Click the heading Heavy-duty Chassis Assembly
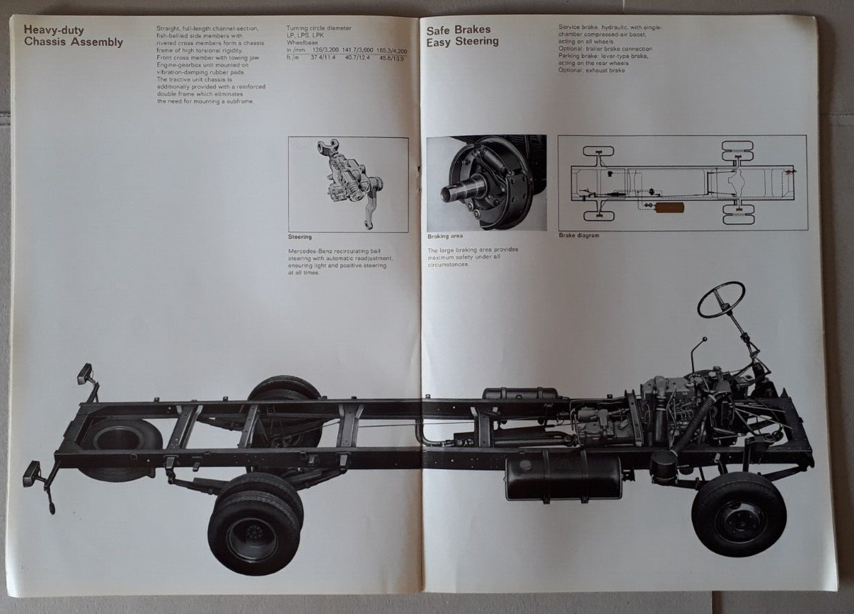coord(73,36)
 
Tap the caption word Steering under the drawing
coord(300,237)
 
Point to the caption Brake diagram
coord(578,235)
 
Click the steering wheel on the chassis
coord(720,299)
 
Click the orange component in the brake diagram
coord(669,208)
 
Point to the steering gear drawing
coord(347,185)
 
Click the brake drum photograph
coord(486,183)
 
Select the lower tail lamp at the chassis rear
coord(33,473)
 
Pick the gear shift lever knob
coord(704,340)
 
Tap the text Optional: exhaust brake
coord(592,70)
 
